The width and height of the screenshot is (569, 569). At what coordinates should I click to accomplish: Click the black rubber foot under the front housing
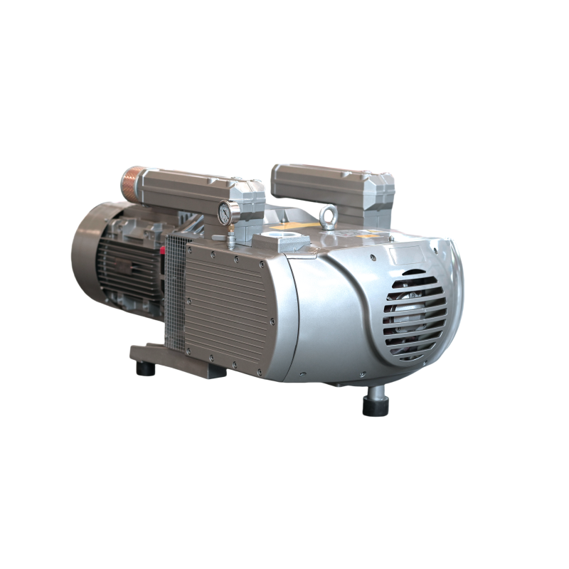[x=375, y=404]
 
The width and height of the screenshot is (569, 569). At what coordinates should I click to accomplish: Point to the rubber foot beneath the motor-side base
[x=145, y=369]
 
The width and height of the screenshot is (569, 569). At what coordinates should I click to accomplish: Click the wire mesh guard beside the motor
[x=175, y=299]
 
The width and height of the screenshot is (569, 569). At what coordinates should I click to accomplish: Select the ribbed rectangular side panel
[x=228, y=299]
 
